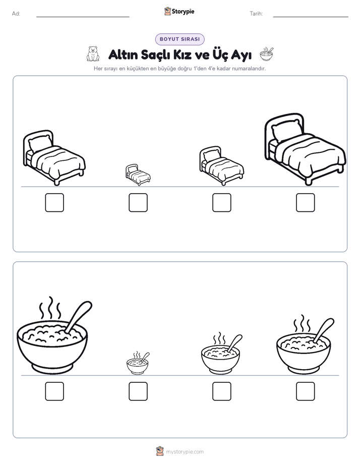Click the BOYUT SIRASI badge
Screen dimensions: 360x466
tap(179, 39)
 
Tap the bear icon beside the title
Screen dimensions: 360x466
tap(93, 54)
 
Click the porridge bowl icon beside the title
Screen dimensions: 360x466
tap(266, 54)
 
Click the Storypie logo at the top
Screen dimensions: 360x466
tap(179, 11)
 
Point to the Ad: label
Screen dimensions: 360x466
tap(16, 14)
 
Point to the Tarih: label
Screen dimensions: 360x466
tap(256, 14)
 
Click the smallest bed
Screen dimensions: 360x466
tap(138, 174)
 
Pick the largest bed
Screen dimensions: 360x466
tap(305, 149)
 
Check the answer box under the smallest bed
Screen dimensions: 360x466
tap(138, 203)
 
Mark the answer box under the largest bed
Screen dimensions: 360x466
tap(306, 203)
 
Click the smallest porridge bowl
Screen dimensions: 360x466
tap(138, 363)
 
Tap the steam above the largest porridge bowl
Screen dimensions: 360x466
tap(50, 308)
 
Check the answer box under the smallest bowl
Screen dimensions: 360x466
tap(138, 391)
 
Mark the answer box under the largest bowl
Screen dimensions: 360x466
tap(54, 391)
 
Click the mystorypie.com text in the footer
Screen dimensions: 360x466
tap(185, 452)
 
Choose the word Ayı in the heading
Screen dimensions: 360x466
tap(241, 55)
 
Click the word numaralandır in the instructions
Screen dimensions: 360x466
tap(249, 69)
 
